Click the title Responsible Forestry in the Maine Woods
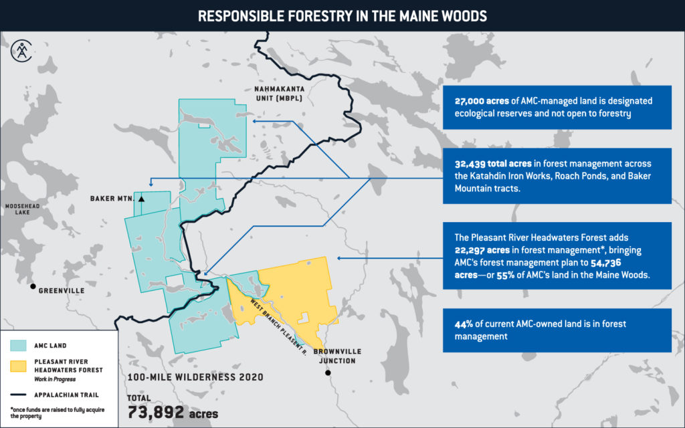pos(342,15)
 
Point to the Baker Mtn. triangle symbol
pos(141,198)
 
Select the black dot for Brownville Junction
pos(328,372)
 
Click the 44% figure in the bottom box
pos(464,324)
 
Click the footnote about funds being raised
pos(54,412)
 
